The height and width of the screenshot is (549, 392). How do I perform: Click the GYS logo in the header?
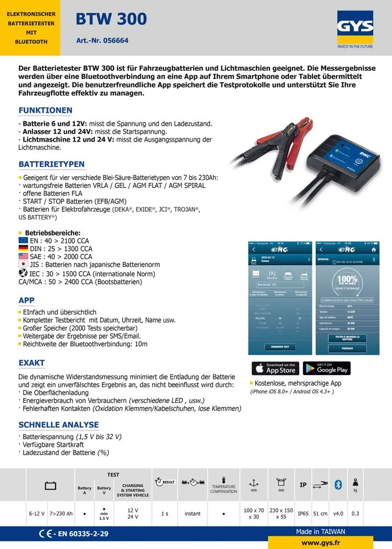(355, 27)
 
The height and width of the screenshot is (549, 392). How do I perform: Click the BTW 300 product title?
(111, 19)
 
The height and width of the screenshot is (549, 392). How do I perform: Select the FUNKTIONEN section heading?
(46, 110)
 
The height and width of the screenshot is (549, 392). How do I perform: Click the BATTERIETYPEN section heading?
(52, 164)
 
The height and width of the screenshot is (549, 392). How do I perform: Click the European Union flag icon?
(23, 240)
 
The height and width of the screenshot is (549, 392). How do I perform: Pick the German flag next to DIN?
(23, 248)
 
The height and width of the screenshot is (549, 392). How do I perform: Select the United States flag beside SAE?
(23, 256)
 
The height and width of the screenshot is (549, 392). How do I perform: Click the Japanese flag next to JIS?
(23, 264)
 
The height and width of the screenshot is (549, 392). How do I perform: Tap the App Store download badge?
(275, 368)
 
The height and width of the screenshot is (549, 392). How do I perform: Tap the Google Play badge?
(327, 368)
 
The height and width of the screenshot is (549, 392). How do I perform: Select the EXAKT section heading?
(32, 363)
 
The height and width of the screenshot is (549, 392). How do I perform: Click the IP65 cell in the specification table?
(303, 514)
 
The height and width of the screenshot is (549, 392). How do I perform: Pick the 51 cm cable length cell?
(320, 514)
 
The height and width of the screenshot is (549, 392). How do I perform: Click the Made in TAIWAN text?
(321, 531)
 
